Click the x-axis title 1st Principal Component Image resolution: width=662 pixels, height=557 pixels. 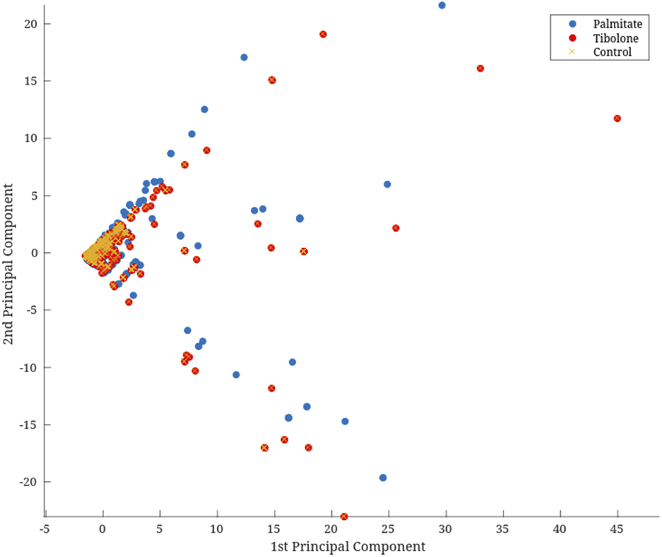pyautogui.click(x=348, y=547)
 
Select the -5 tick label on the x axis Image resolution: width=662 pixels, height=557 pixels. pyautogui.click(x=45, y=529)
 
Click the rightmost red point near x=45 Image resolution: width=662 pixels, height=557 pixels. pyautogui.click(x=617, y=118)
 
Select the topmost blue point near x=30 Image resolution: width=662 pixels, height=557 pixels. pyautogui.click(x=442, y=6)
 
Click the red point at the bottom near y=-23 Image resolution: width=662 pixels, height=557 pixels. pyautogui.click(x=344, y=517)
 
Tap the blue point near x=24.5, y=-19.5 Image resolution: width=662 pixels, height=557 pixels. pyautogui.click(x=383, y=478)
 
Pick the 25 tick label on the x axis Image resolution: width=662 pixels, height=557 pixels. pyautogui.click(x=388, y=529)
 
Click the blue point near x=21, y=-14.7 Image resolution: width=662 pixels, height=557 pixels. pyautogui.click(x=345, y=422)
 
